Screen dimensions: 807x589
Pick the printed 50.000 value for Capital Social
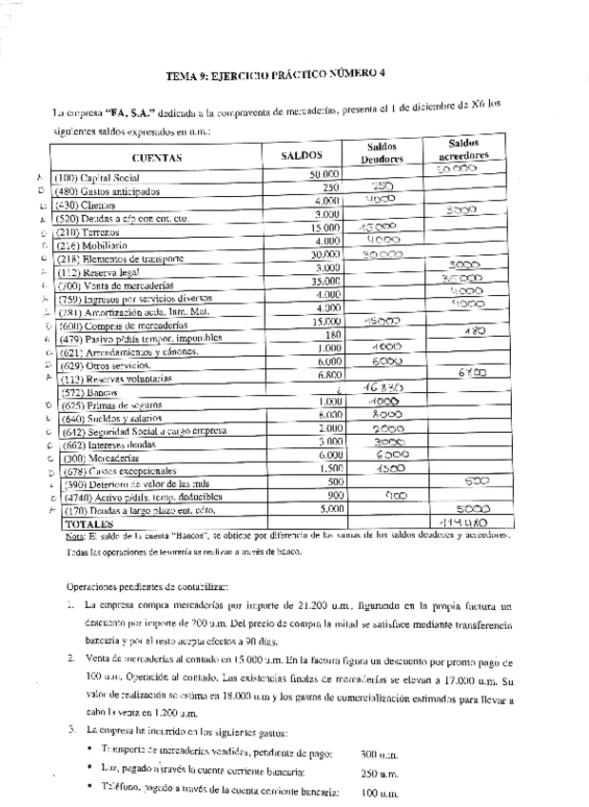pos(324,175)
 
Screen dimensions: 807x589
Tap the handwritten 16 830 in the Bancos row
pos(384,388)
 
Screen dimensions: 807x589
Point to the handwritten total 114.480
pos(463,522)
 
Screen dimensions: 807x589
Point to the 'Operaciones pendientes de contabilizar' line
pos(147,585)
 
